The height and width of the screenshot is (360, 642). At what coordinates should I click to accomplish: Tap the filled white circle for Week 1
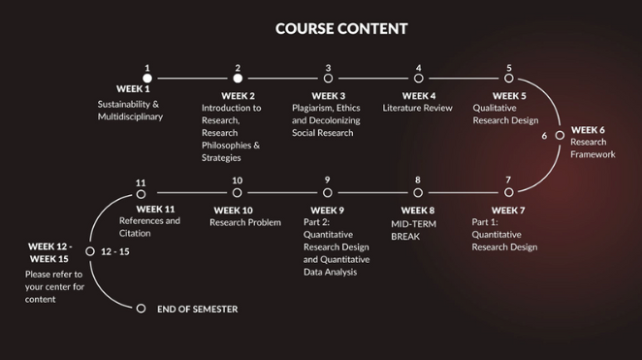pos(147,79)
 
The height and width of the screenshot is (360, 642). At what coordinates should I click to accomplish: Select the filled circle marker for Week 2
pos(238,79)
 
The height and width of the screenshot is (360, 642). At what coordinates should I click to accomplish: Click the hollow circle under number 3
pos(328,79)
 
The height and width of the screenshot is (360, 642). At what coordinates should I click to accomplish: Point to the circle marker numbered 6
pos(560,136)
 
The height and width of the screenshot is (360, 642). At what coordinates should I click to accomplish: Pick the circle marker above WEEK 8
pos(418,193)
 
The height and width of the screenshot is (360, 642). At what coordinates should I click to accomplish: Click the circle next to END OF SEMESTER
pos(141,309)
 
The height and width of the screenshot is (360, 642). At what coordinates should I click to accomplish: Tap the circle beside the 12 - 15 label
pos(90,251)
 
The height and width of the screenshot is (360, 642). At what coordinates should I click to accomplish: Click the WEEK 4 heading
pos(419,95)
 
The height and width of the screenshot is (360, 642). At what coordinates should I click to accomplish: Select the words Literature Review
pos(418,109)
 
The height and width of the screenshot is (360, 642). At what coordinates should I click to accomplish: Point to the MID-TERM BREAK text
pos(413,229)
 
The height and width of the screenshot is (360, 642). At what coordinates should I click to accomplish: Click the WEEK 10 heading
pos(234,210)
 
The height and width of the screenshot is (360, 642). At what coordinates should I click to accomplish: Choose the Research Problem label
pos(244,223)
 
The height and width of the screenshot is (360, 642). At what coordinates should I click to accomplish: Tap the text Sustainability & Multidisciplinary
pos(130,111)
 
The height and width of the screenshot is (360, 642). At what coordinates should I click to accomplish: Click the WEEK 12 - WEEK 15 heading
pos(48,252)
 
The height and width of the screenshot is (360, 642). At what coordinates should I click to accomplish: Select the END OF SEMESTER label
pos(197,310)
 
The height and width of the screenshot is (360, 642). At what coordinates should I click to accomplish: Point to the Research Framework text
pos(593,148)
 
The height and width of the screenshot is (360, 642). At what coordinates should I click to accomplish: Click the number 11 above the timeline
pos(142,182)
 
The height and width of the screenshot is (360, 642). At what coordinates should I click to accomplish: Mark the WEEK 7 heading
pos(509,210)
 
